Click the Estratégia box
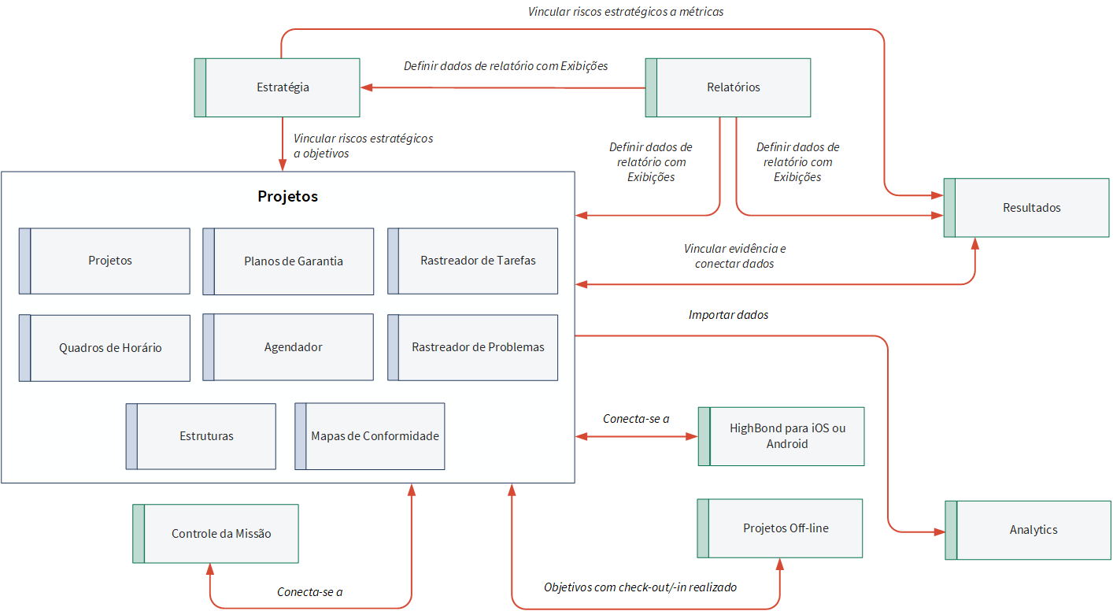(277, 87)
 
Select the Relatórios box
(728, 87)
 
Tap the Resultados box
(1026, 208)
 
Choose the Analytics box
(1028, 530)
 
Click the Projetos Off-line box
(780, 528)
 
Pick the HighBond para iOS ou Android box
(781, 436)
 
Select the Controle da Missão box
(216, 534)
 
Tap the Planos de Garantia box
(288, 261)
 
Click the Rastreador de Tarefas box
(472, 261)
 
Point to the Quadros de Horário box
(105, 348)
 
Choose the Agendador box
(288, 347)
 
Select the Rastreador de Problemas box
(472, 347)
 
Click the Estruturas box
(201, 436)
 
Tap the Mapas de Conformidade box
(370, 436)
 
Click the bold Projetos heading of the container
(287, 196)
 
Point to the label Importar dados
(728, 315)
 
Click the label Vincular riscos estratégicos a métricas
(626, 12)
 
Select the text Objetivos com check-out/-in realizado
(640, 587)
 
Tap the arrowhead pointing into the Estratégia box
(367, 87)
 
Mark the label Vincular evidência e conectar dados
(734, 256)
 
